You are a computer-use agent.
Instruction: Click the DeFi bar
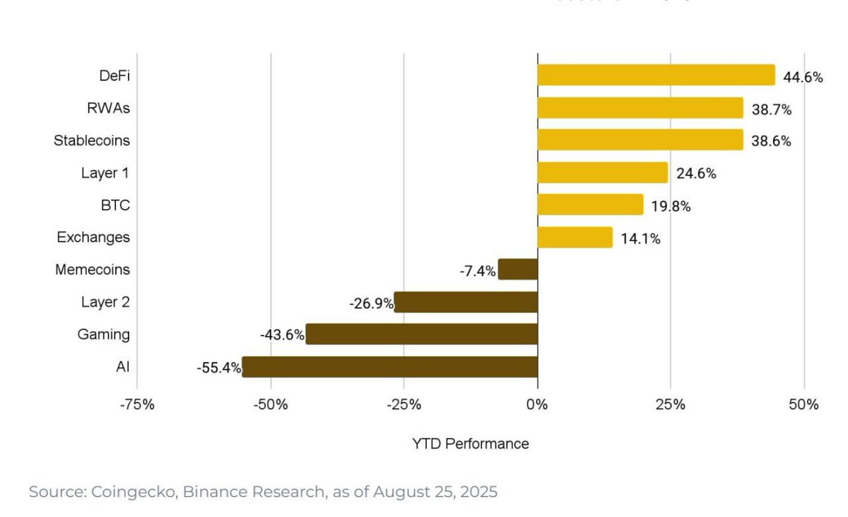click(656, 75)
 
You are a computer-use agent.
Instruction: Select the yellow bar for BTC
click(590, 205)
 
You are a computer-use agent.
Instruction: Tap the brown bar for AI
click(389, 367)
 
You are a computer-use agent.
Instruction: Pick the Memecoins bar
click(518, 269)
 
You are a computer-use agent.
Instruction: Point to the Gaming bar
click(421, 334)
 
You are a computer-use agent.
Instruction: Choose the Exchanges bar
click(575, 237)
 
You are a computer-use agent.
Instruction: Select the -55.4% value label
click(219, 368)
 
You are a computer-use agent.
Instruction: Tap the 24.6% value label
click(696, 173)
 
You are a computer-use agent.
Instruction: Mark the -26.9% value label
click(371, 303)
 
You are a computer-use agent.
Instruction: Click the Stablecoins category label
click(92, 141)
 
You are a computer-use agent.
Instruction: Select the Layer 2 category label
click(105, 302)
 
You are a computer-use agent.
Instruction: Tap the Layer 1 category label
click(105, 173)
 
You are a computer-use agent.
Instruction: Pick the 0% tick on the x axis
click(537, 405)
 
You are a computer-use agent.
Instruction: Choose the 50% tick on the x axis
click(804, 405)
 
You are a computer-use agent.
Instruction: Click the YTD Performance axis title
click(470, 444)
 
